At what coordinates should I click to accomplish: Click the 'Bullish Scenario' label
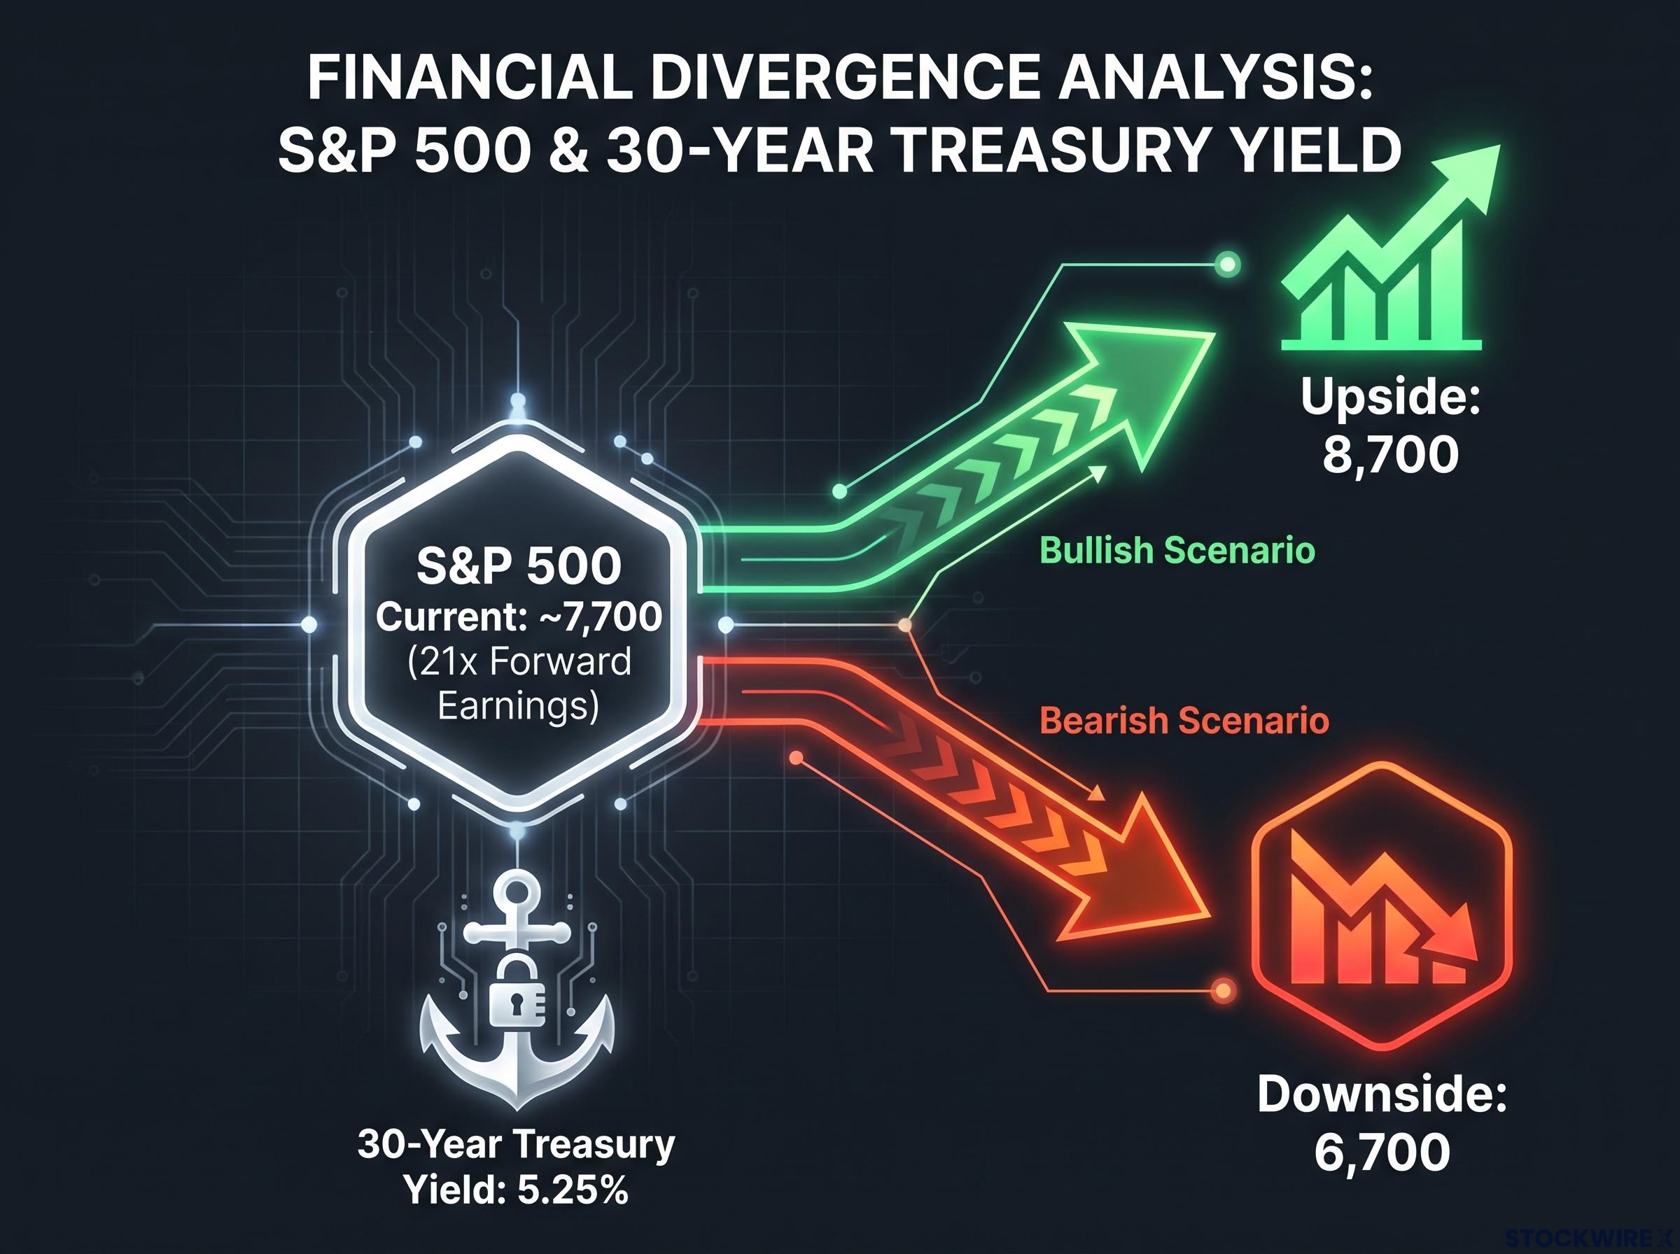click(1177, 550)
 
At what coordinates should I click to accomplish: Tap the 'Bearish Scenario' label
click(1184, 720)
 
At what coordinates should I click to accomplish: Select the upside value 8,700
click(1391, 456)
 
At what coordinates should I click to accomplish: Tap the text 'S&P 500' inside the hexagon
click(519, 565)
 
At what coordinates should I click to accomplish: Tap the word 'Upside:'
click(1391, 396)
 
